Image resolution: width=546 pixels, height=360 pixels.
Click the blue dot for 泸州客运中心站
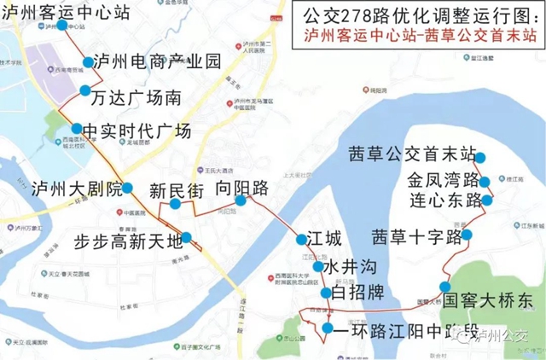click(61, 26)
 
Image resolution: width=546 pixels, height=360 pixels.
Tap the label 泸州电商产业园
click(157, 61)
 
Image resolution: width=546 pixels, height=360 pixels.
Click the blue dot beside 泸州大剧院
click(127, 188)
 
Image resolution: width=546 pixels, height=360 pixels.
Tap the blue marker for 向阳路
click(241, 200)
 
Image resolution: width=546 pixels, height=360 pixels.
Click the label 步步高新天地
click(128, 240)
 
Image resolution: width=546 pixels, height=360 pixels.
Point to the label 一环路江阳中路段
click(405, 329)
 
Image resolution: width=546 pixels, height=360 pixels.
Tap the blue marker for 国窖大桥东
click(444, 287)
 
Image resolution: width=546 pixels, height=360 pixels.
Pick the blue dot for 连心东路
click(486, 200)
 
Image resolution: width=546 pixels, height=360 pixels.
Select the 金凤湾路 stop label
click(442, 181)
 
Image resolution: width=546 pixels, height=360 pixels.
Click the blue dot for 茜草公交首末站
click(481, 157)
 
